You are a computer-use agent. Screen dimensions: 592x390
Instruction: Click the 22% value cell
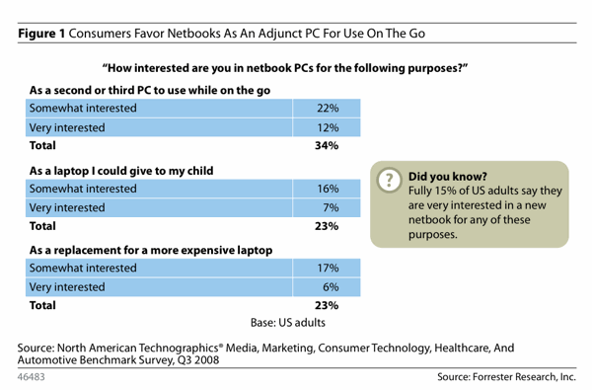click(327, 108)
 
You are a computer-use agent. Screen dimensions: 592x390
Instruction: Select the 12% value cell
click(327, 127)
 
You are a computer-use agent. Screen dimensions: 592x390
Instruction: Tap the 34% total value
click(327, 145)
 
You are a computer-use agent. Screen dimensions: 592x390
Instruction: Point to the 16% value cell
click(327, 189)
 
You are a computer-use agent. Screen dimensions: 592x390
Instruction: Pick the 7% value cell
click(327, 207)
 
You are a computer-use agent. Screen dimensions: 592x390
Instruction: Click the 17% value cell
click(327, 268)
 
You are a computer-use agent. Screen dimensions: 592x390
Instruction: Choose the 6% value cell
click(327, 287)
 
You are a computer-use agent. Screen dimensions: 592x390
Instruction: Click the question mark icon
click(390, 180)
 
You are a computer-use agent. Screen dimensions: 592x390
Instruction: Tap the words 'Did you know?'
click(448, 177)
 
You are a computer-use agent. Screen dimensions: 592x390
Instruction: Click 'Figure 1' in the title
click(41, 34)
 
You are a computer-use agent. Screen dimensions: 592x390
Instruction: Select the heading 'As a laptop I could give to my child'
click(121, 171)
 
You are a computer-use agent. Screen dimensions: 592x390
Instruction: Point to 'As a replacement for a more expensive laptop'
click(151, 250)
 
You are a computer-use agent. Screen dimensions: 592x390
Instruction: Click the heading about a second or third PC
click(150, 90)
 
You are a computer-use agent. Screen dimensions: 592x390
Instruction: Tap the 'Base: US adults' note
click(288, 322)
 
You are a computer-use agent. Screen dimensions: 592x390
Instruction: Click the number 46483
click(31, 377)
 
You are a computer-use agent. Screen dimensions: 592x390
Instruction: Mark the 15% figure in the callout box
click(445, 191)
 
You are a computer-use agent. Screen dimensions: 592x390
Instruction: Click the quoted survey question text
click(285, 68)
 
